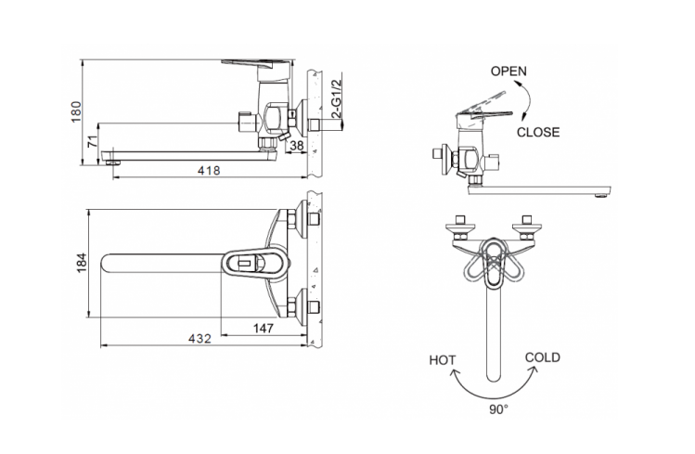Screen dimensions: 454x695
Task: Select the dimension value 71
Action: [91, 141]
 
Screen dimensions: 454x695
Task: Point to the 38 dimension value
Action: [297, 145]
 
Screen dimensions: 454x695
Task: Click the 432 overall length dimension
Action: [199, 340]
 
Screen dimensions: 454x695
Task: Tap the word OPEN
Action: [509, 71]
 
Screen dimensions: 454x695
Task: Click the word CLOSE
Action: [538, 132]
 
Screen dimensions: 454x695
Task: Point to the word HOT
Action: [443, 359]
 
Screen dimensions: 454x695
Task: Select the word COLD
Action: [542, 357]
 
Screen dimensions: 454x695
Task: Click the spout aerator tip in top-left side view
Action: [113, 162]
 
